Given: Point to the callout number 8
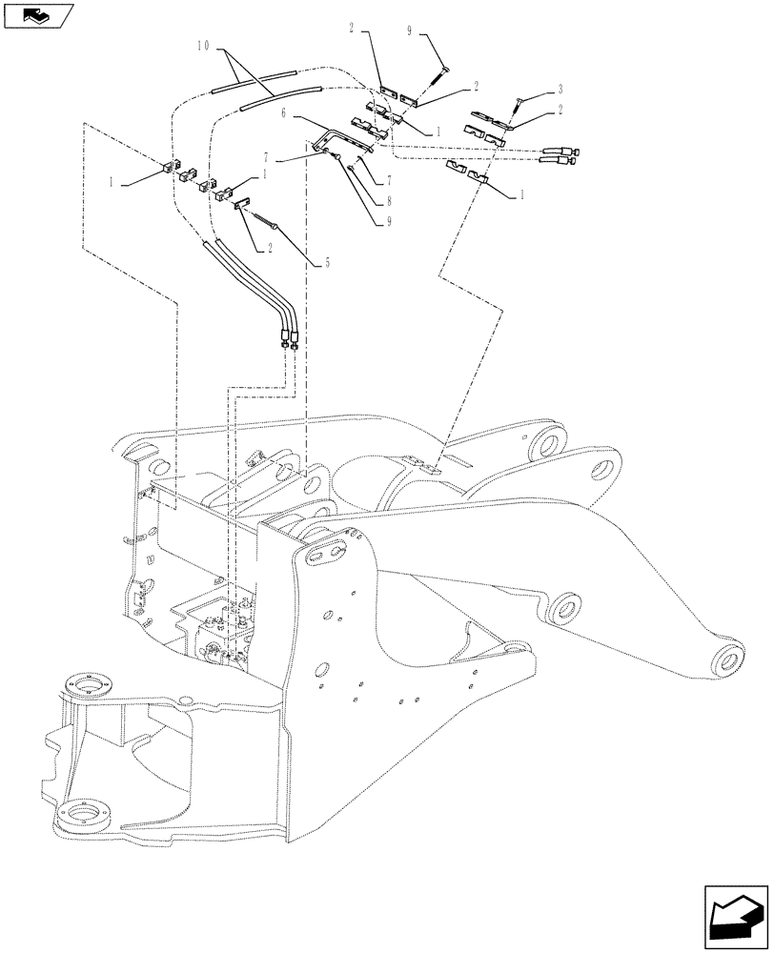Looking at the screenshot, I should point(388,201).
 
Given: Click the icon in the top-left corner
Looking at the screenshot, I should point(37,14).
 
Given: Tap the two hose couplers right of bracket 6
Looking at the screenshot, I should point(560,154).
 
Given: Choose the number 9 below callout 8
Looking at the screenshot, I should point(389,224).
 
